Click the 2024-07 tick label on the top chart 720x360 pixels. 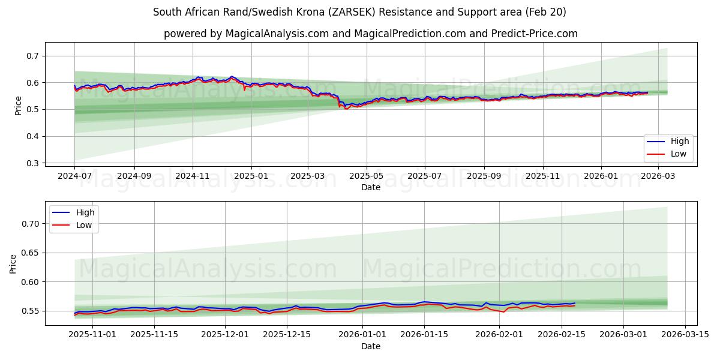tap(74, 176)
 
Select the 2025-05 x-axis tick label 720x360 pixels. tap(366, 176)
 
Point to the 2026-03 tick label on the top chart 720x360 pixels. tap(659, 176)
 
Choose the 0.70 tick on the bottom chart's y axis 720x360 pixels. tap(30, 224)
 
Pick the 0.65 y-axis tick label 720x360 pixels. tap(30, 253)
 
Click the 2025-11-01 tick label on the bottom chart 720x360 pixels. tap(92, 334)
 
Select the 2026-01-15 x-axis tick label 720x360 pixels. tap(424, 334)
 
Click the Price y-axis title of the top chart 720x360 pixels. tap(18, 106)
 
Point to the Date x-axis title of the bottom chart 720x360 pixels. tap(370, 346)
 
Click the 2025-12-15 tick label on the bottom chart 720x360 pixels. tap(287, 334)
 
